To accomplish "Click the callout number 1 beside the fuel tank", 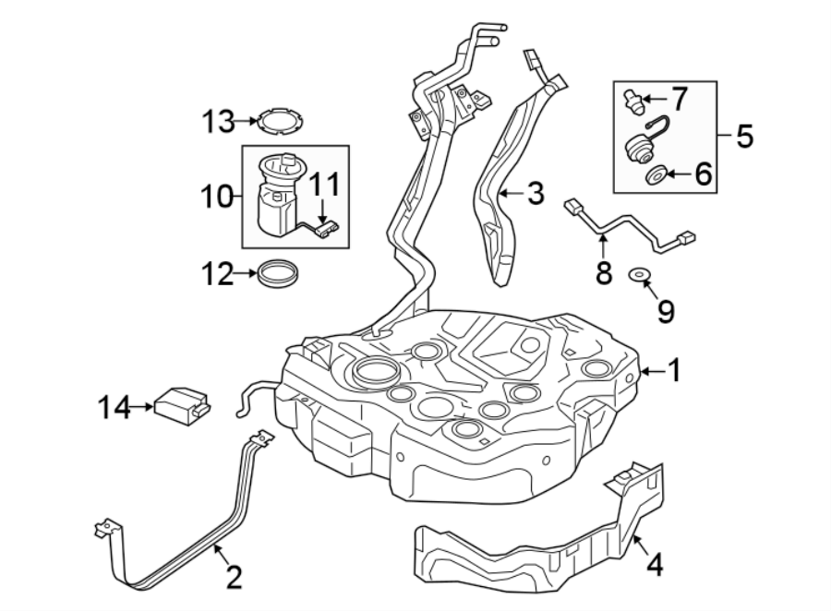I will point(675,371).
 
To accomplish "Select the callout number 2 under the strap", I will point(234,578).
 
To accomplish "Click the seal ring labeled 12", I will point(278,273).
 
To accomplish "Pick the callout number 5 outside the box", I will point(745,137).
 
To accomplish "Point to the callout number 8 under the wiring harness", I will point(604,273).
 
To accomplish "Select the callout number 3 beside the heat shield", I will point(536,194).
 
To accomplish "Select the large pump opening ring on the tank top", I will point(374,374).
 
